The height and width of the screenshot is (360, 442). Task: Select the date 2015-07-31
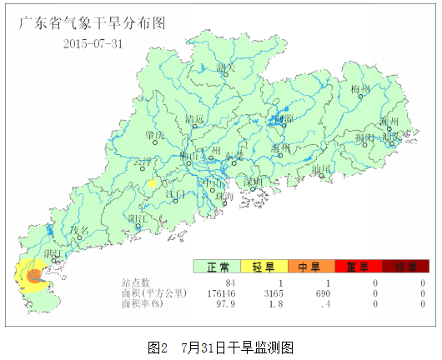93,43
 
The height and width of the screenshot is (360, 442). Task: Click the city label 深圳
252,181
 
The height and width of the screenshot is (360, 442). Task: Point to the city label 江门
176,193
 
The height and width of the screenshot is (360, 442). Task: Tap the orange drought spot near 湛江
34,275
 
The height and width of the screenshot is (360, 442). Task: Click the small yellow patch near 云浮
152,182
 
